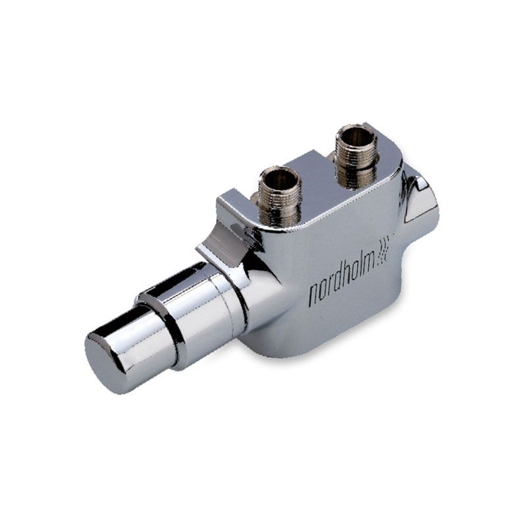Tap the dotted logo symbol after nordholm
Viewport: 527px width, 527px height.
click(384, 250)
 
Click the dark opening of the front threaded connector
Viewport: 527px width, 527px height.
click(279, 177)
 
